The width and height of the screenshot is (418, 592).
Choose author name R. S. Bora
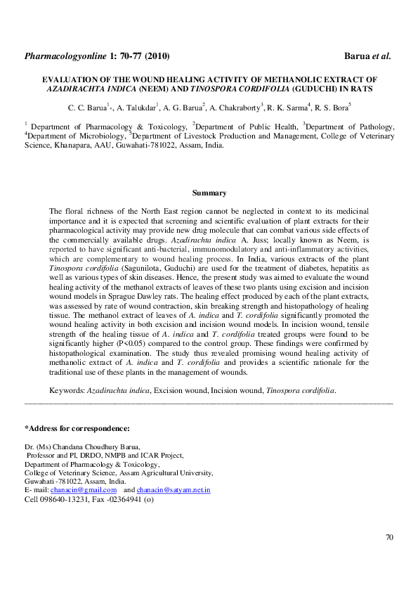pyautogui.click(x=332, y=108)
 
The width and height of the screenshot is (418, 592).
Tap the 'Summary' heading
pyautogui.click(x=209, y=193)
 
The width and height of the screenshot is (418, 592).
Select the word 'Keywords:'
pyautogui.click(x=67, y=390)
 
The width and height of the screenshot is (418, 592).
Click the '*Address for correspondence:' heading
pyautogui.click(x=77, y=428)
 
